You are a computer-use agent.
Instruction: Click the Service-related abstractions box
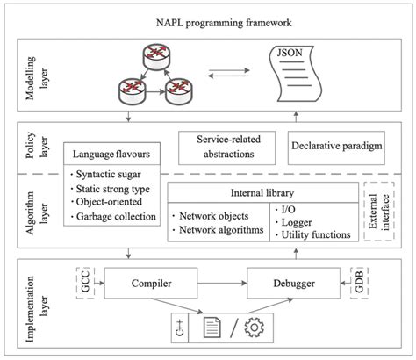[x=226, y=147]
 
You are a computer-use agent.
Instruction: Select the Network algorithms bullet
[x=220, y=230]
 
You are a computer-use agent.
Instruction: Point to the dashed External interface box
[x=377, y=213]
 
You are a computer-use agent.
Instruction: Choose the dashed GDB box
[x=358, y=284]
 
